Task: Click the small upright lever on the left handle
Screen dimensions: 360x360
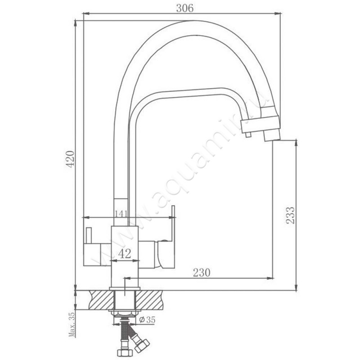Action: [88, 236]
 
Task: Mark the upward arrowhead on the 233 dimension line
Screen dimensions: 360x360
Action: [296, 143]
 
